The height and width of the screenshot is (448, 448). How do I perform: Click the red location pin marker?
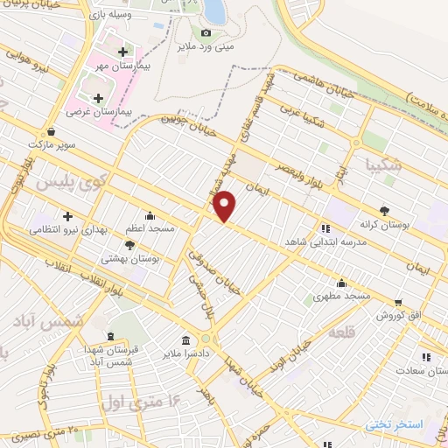pyautogui.click(x=225, y=205)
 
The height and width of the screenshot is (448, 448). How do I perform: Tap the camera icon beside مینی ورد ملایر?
pyautogui.click(x=206, y=32)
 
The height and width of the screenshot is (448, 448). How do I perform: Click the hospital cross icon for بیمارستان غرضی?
pyautogui.click(x=98, y=99)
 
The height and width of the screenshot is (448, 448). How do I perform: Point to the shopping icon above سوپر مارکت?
pyautogui.click(x=53, y=131)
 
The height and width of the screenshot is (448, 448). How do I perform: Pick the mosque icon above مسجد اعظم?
pyautogui.click(x=150, y=215)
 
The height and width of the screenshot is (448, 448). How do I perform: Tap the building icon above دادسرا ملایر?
pyautogui.click(x=186, y=339)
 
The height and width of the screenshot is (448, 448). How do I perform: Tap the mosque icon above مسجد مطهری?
pyautogui.click(x=342, y=283)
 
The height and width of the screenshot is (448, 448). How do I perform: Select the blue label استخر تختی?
pyautogui.click(x=395, y=425)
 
